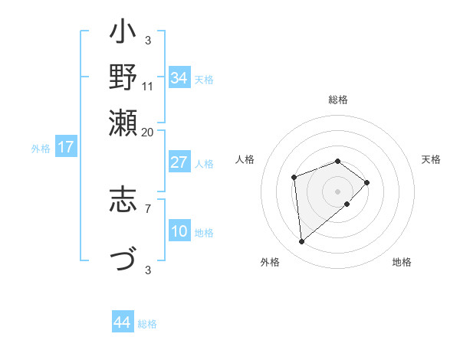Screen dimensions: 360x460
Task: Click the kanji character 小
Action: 123,34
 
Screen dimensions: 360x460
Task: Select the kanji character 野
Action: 123,78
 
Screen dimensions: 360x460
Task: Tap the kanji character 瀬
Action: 123,123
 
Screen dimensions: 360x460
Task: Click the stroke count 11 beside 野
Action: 148,86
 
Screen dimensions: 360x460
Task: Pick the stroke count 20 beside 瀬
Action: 148,132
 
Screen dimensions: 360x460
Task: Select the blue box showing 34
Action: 179,78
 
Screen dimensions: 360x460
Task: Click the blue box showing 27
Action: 179,162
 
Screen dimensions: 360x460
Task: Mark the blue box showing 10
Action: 179,231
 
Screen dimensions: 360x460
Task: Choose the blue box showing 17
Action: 65,147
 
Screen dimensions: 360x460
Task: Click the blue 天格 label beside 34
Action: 204,79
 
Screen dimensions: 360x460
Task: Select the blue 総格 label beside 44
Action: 147,324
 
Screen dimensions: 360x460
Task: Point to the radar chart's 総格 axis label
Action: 338,100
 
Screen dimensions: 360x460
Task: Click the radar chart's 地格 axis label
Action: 402,262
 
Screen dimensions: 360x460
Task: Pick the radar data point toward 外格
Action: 302,242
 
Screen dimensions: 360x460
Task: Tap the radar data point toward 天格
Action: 367,182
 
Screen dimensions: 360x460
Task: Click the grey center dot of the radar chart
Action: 338,191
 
